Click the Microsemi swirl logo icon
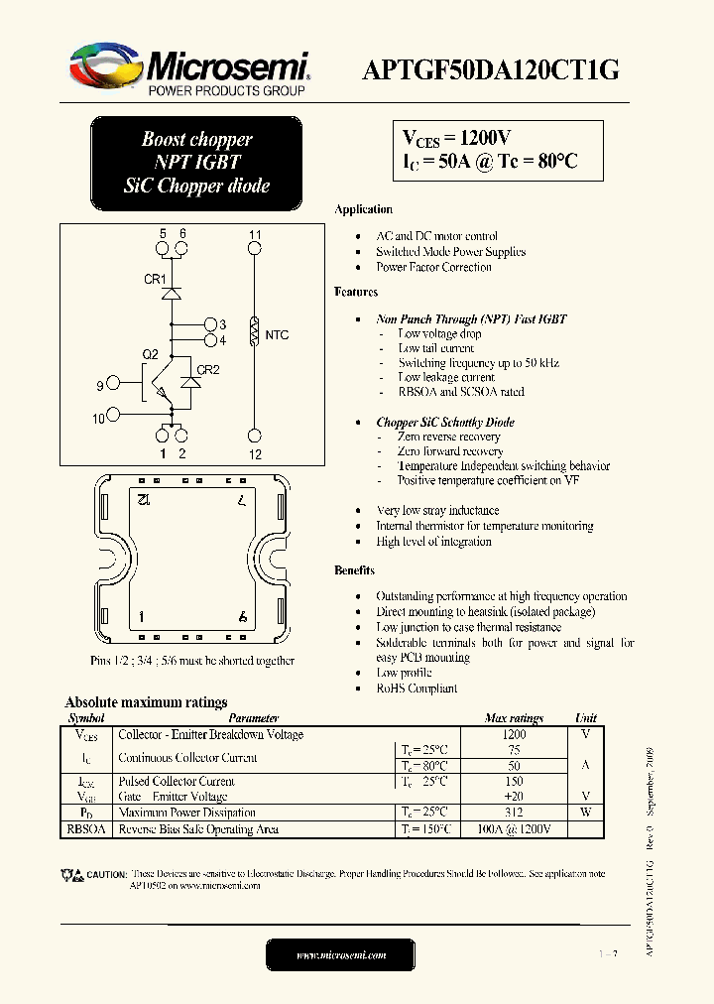(103, 67)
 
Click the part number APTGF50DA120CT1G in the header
(494, 68)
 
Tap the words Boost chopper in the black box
(196, 140)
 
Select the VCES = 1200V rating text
(456, 138)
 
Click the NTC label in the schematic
(277, 335)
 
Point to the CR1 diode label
(155, 280)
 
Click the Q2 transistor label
(150, 354)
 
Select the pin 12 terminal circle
(255, 435)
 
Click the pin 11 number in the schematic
(255, 235)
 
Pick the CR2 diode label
(207, 370)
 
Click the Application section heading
(363, 209)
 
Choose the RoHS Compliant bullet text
(416, 688)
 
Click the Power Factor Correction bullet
(433, 267)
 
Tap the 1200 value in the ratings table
(514, 735)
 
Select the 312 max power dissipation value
(514, 813)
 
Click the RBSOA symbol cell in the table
(84, 829)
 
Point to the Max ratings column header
(514, 718)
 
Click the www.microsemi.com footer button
(341, 954)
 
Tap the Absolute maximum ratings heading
(146, 702)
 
